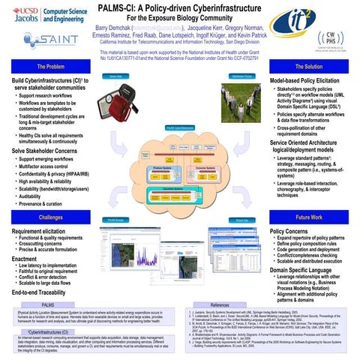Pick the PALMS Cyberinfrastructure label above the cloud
point(178,130)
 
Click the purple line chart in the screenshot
point(127,256)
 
